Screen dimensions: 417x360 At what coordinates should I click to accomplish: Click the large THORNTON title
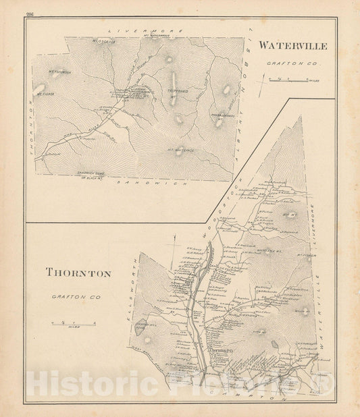78,273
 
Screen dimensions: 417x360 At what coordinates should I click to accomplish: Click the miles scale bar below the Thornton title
74,325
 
